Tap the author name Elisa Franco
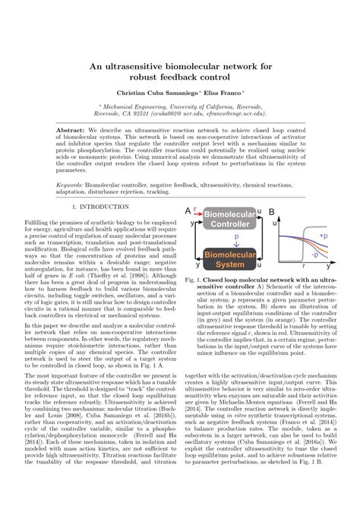click(221, 92)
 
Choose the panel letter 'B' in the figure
click(272, 210)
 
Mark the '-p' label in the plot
click(315, 254)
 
